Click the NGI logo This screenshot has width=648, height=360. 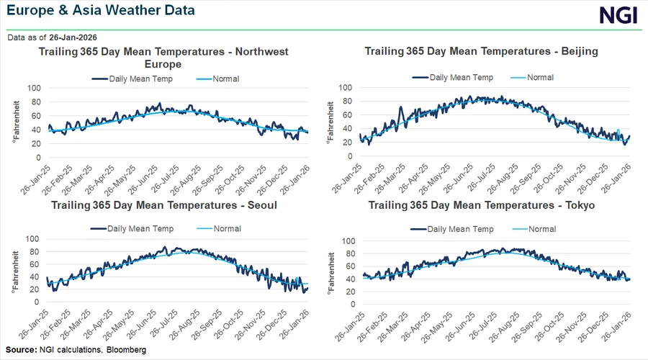pyautogui.click(x=618, y=15)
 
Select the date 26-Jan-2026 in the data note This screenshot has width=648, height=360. pyautogui.click(x=73, y=37)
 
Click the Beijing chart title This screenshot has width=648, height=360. pyautogui.click(x=481, y=51)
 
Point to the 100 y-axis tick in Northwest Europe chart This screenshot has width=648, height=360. pyautogui.click(x=34, y=88)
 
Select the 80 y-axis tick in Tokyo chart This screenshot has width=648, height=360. pyautogui.click(x=347, y=253)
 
